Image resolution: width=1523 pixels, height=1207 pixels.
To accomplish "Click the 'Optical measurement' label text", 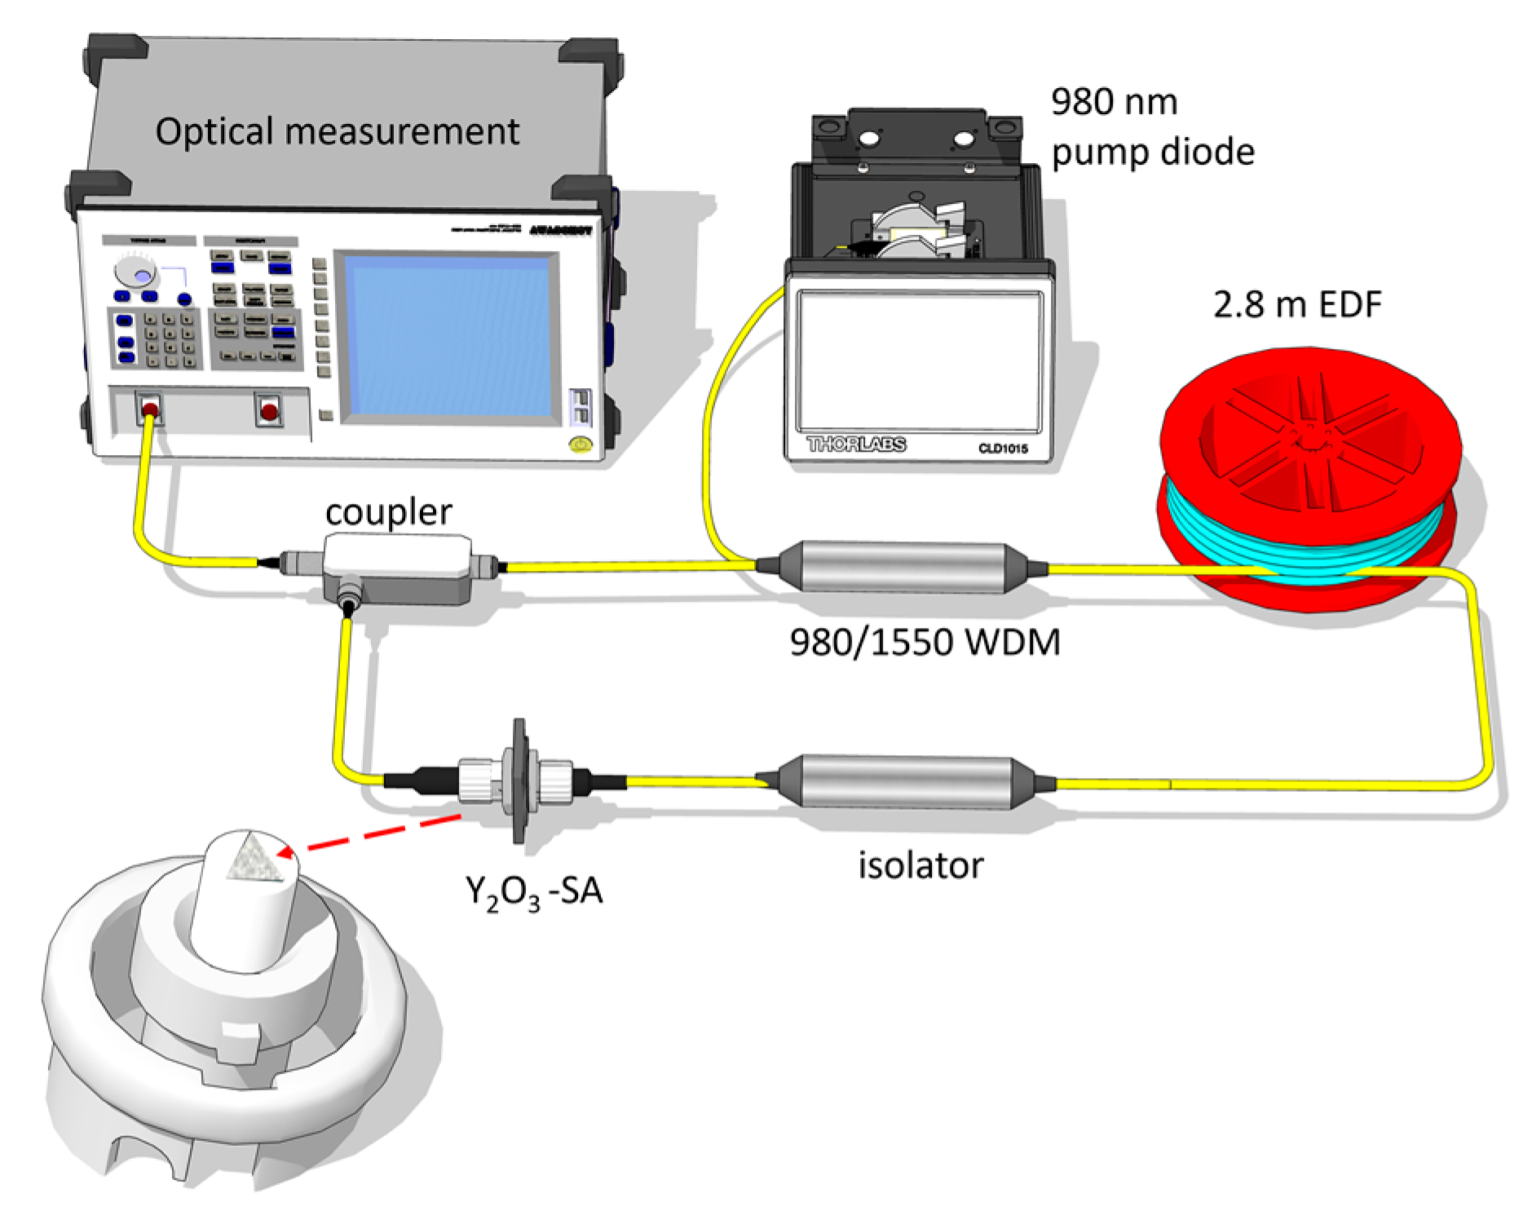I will coord(337,131).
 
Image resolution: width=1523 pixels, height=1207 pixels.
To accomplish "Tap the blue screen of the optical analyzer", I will coord(449,337).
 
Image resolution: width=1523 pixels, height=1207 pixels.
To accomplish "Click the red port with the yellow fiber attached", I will coord(150,410).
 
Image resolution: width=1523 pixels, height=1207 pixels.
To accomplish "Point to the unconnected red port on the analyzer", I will coord(268,410).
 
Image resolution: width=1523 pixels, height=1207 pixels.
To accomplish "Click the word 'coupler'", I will coord(388,512).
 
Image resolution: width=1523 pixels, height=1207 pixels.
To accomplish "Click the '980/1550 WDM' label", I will coord(925,643).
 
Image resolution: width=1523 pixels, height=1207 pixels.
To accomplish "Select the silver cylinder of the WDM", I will coord(902,566).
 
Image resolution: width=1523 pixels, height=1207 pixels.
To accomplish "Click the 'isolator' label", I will coord(920,865).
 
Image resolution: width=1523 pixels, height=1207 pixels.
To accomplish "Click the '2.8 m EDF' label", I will coord(1297,305).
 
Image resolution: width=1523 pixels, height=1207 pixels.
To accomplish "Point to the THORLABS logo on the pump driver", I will coord(856,444).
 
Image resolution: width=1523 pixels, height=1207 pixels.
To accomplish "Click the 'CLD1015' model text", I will coord(1003,449).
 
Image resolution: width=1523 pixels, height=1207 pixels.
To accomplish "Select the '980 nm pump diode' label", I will coord(1151,127).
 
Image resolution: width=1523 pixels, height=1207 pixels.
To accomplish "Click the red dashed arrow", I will coord(375,833).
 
